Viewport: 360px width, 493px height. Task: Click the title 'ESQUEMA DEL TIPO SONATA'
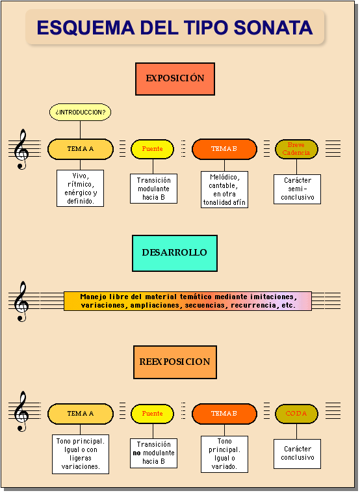coord(175,27)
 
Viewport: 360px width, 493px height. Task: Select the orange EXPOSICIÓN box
coord(175,79)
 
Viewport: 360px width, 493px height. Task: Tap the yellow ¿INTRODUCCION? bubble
coord(81,113)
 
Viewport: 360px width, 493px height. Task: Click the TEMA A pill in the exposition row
coord(81,149)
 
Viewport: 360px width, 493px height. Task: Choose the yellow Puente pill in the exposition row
coord(153,149)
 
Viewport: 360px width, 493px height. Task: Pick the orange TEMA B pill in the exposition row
coord(224,149)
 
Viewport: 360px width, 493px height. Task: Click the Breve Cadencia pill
coord(296,149)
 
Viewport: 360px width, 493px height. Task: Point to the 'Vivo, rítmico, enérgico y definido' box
coord(81,188)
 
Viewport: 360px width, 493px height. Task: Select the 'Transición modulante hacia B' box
coord(153,189)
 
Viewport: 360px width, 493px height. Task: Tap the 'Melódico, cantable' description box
coord(224,189)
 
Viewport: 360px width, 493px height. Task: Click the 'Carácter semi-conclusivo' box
coord(297,189)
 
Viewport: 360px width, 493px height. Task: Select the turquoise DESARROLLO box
coord(175,253)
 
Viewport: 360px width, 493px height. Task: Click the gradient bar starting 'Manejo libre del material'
coord(188,301)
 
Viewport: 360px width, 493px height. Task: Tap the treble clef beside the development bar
coord(22,301)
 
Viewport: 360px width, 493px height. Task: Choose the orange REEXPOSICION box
coord(175,362)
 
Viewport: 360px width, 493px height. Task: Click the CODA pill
coord(296,414)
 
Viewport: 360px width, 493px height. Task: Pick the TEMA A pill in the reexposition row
coord(81,414)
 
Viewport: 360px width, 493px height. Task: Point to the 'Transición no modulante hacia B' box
coord(153,453)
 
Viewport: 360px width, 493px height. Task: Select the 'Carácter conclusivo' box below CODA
coord(297,453)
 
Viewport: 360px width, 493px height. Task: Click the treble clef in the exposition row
coord(22,149)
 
